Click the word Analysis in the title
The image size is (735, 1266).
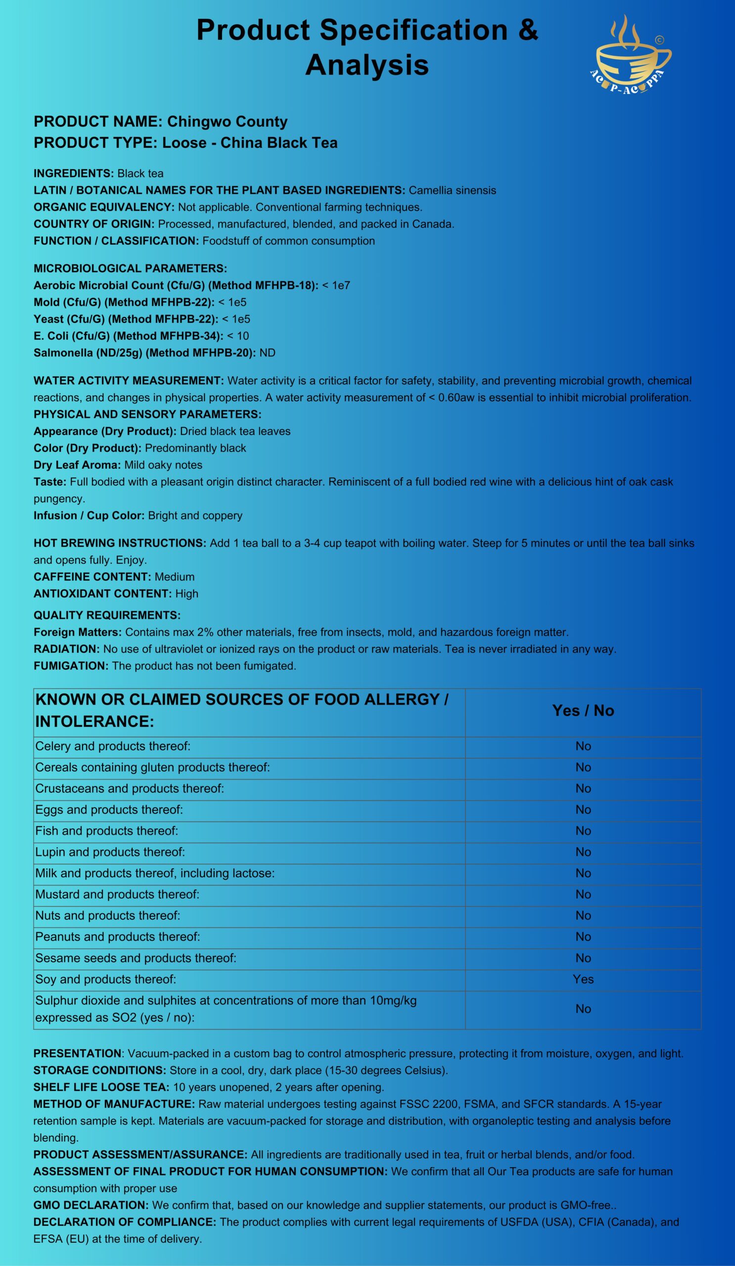tap(367, 65)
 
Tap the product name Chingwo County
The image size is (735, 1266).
tap(227, 122)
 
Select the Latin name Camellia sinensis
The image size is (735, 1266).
tap(452, 190)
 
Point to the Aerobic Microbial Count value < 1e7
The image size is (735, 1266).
tap(336, 285)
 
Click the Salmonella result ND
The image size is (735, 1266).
tap(267, 353)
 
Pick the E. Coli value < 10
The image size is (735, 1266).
tap(238, 336)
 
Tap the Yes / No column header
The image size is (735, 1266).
tap(583, 710)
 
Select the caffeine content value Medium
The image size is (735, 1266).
tap(174, 577)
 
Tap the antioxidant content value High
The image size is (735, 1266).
tap(186, 594)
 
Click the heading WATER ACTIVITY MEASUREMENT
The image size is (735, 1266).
tap(129, 381)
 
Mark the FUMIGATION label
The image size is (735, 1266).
tap(71, 666)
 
